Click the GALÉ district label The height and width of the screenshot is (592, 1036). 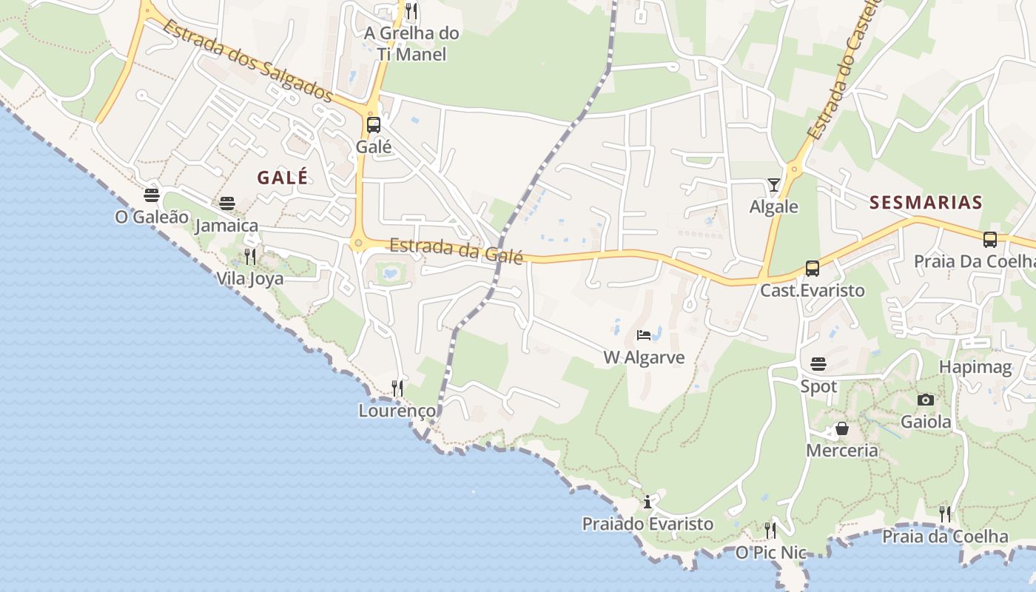282,178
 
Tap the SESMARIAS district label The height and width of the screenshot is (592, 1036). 926,203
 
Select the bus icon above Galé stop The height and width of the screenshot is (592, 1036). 374,124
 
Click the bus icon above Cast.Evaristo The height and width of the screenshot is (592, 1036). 812,269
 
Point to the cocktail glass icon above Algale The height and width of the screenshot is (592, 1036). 774,184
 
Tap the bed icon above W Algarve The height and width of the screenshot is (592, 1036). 644,335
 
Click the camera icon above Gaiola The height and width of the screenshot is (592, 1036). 925,400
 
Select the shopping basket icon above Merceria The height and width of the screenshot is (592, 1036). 841,428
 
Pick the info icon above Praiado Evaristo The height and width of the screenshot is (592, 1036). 647,502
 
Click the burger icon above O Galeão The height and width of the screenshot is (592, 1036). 152,195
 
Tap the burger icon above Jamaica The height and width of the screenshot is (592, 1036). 227,203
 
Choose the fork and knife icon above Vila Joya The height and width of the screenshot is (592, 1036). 250,257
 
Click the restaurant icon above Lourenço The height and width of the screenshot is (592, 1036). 397,388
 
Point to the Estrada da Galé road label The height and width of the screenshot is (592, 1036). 457,250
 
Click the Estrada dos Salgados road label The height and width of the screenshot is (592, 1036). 248,60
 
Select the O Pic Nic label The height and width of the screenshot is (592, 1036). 770,552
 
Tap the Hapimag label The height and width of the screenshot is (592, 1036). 975,367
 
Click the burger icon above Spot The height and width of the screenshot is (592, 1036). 818,364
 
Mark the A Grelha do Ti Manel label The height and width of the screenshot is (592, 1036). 411,44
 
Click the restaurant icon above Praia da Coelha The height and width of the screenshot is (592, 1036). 945,514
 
